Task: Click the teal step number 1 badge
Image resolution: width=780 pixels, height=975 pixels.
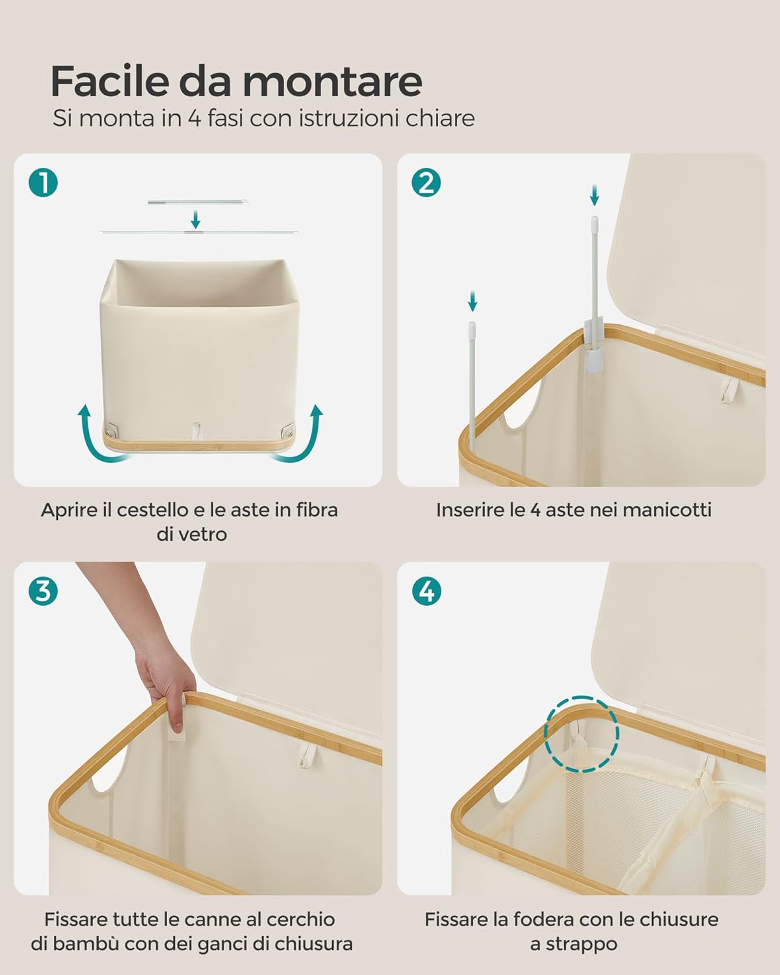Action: click(43, 183)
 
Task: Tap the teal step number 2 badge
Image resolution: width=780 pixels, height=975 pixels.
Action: click(426, 183)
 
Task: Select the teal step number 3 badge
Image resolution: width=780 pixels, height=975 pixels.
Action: click(43, 591)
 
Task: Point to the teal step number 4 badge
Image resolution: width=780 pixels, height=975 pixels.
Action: click(426, 591)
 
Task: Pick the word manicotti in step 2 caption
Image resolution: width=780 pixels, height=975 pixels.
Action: click(667, 510)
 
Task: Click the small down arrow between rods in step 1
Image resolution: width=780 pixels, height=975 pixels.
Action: click(196, 219)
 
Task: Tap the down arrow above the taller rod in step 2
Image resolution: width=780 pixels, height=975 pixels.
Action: click(595, 195)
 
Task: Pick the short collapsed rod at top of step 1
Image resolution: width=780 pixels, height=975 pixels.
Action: click(198, 202)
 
